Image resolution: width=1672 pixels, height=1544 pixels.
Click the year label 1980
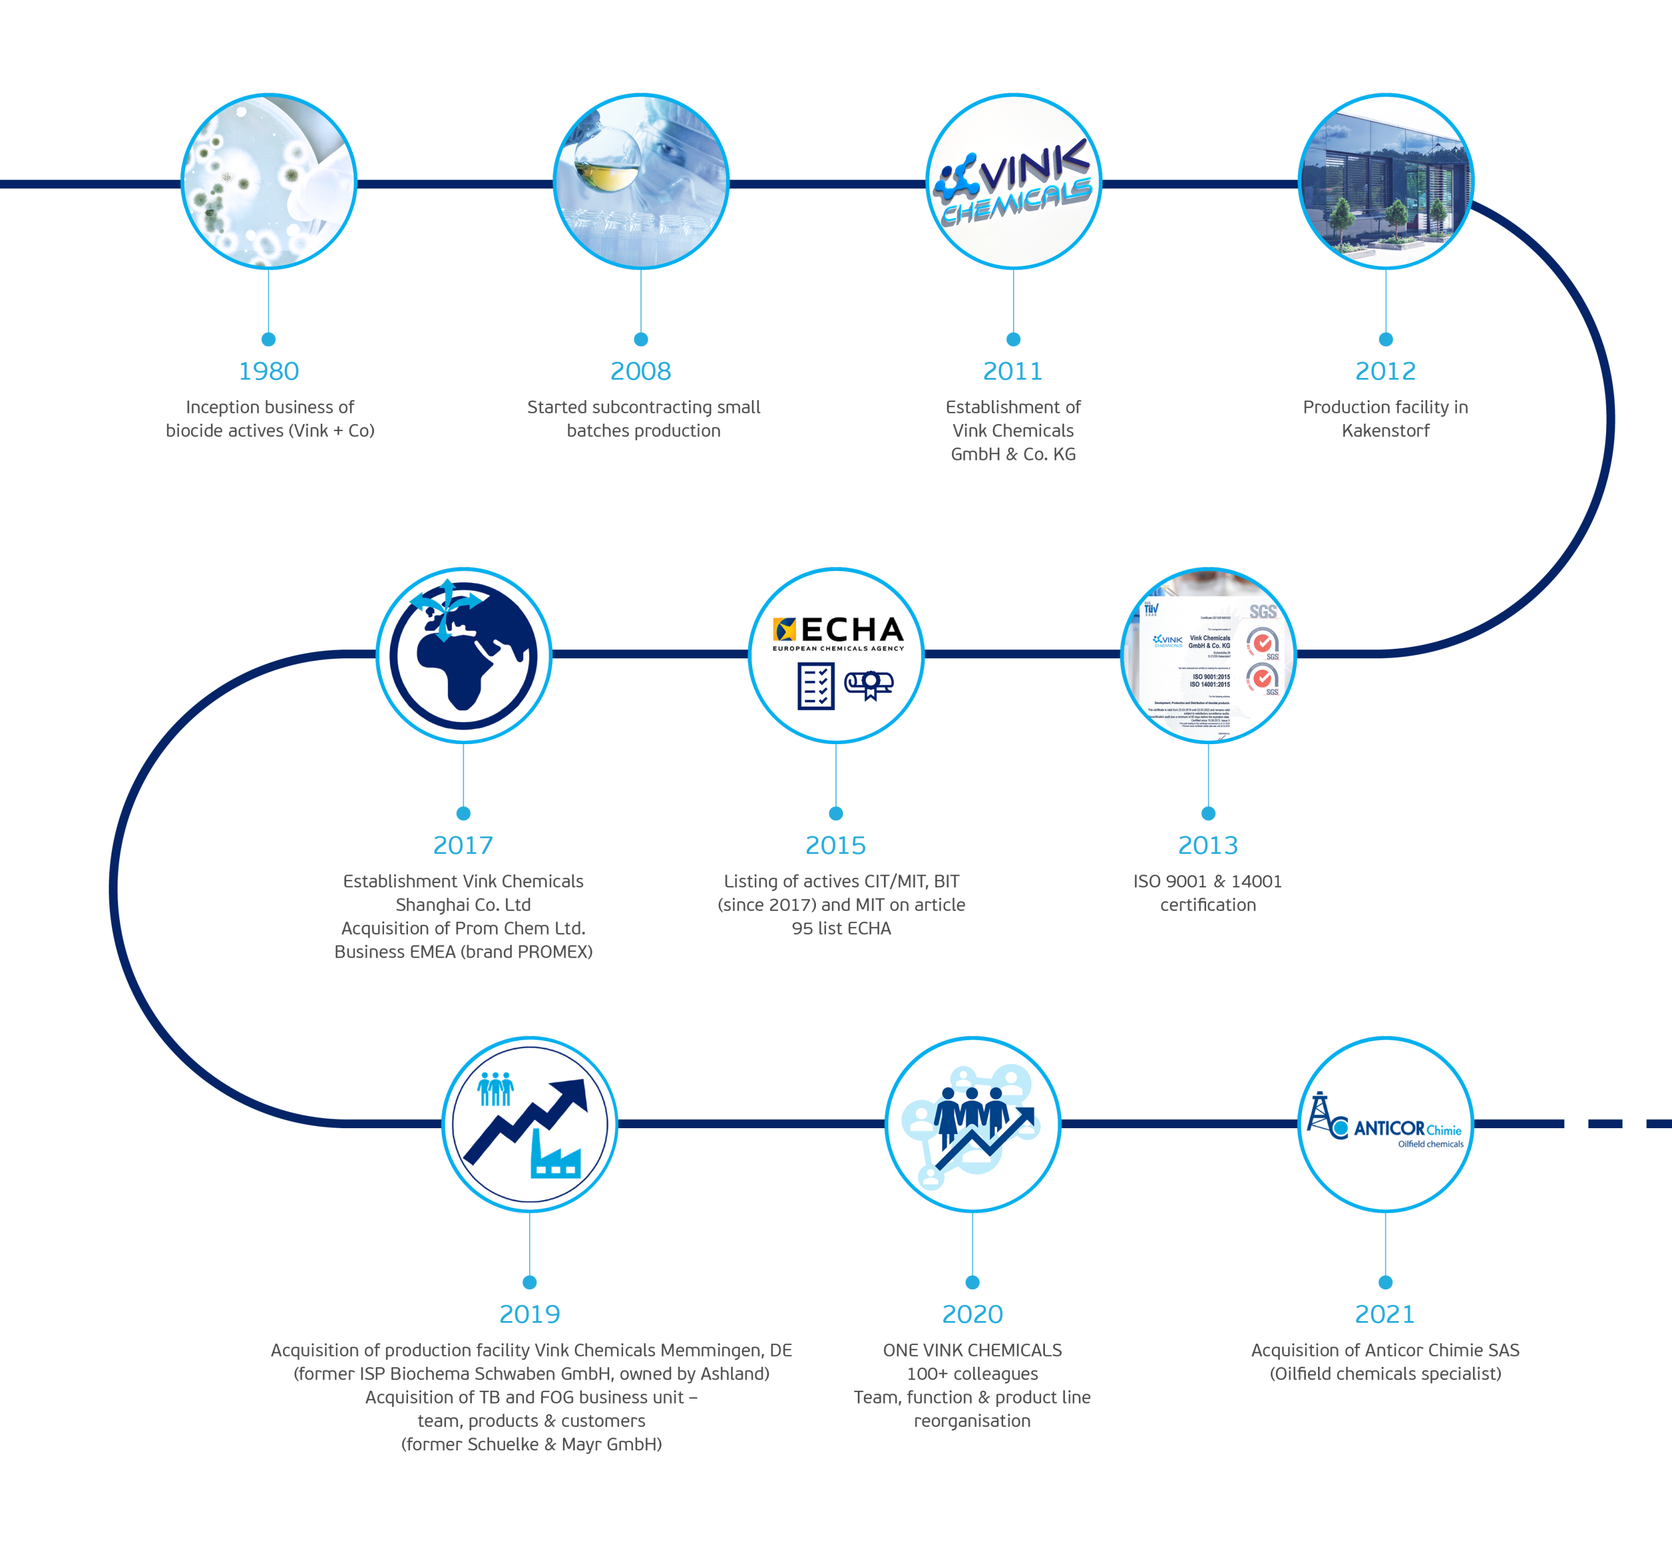pyautogui.click(x=268, y=371)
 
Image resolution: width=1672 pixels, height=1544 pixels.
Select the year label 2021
pyautogui.click(x=1384, y=1314)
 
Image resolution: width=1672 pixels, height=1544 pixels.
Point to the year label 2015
pyautogui.click(x=835, y=846)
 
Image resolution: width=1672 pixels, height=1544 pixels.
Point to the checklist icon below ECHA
pyautogui.click(x=815, y=685)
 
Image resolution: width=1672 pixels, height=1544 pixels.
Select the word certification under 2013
pyautogui.click(x=1207, y=905)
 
